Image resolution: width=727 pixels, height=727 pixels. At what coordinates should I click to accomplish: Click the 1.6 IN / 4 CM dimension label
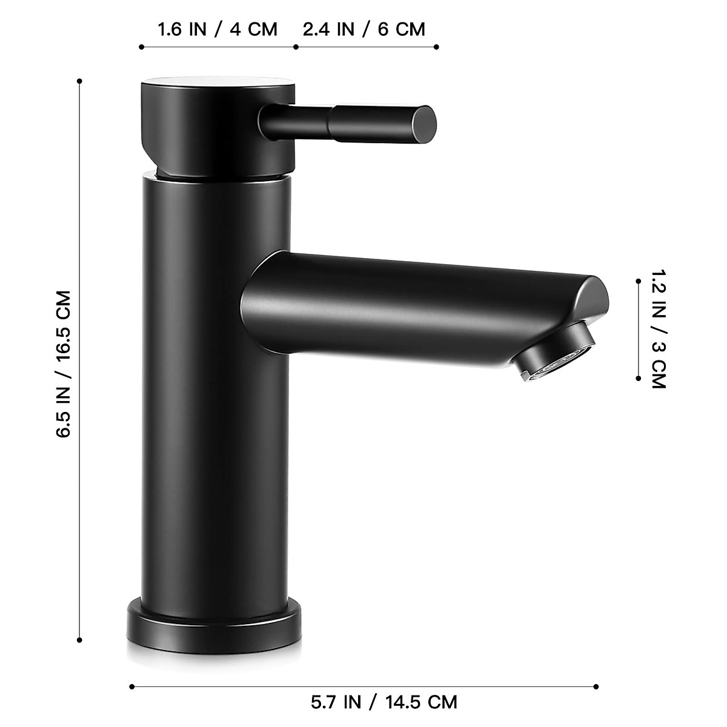click(217, 29)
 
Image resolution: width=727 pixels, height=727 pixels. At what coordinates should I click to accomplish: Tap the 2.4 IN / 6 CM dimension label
click(364, 29)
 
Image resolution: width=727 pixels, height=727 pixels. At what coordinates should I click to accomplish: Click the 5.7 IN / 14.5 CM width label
click(384, 702)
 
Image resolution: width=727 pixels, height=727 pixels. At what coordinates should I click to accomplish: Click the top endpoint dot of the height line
click(80, 80)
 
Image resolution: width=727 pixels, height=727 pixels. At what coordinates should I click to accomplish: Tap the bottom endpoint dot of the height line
click(80, 639)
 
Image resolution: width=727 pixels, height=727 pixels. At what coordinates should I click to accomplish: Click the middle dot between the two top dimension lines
click(295, 47)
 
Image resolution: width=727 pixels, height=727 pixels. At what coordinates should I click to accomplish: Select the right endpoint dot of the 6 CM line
click(437, 47)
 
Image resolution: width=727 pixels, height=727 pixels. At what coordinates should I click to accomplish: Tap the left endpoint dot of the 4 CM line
click(141, 47)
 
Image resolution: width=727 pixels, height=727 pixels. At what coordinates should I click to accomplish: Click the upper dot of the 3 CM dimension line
click(639, 281)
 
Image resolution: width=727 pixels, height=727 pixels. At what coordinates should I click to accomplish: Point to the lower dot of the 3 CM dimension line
click(639, 378)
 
